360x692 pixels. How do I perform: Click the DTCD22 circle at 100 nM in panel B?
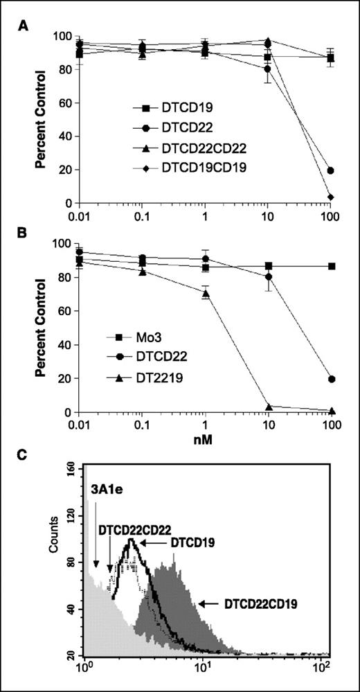331,379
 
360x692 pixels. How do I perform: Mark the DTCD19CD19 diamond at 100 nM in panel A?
331,197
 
